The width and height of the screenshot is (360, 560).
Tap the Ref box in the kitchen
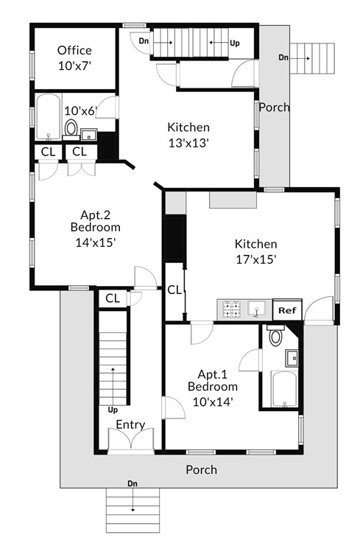pyautogui.click(x=287, y=310)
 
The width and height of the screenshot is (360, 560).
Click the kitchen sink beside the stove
pyautogui.click(x=258, y=308)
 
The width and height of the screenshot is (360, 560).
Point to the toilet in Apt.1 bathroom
pyautogui.click(x=276, y=337)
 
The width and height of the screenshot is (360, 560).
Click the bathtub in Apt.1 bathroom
pyautogui.click(x=283, y=388)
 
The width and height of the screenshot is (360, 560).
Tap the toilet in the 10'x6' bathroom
pyautogui.click(x=71, y=129)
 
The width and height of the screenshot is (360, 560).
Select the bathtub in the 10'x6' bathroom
pyautogui.click(x=49, y=118)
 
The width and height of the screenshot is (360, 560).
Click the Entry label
pyautogui.click(x=130, y=424)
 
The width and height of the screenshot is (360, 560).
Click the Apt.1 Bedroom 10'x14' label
pyautogui.click(x=212, y=388)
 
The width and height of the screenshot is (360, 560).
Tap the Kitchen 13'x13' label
pyautogui.click(x=188, y=135)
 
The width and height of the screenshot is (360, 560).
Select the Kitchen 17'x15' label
pyautogui.click(x=255, y=251)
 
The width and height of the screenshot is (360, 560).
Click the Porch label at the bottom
pyautogui.click(x=201, y=469)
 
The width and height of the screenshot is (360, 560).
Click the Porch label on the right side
pyautogui.click(x=275, y=107)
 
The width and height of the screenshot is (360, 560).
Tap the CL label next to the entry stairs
pyautogui.click(x=113, y=298)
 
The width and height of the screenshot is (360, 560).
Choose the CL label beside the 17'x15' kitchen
pyautogui.click(x=174, y=290)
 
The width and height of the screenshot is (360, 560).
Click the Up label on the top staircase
pyautogui.click(x=235, y=43)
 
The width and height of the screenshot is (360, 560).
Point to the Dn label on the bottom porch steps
pyautogui.click(x=133, y=484)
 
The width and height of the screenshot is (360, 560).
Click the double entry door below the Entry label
pyautogui.click(x=130, y=441)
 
